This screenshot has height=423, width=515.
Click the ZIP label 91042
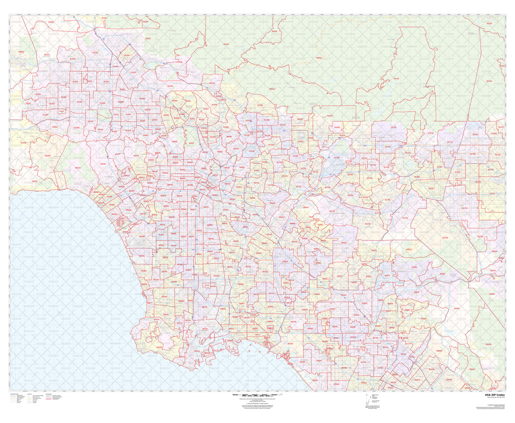[x=226, y=44]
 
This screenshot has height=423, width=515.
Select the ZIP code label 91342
[x=106, y=81]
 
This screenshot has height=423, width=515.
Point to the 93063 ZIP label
[x=21, y=52]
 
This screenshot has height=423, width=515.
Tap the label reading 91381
[x=51, y=22]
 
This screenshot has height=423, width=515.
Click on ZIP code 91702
[x=396, y=79]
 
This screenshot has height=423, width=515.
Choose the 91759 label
[x=489, y=81]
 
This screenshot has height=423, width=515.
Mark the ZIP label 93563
[x=319, y=58]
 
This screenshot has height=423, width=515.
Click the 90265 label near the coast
[x=35, y=181]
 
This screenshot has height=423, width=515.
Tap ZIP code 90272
[x=78, y=168]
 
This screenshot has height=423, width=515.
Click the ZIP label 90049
[x=103, y=164]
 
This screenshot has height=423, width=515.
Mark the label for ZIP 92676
[x=488, y=344]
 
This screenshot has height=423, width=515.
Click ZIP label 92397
[x=489, y=23]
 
